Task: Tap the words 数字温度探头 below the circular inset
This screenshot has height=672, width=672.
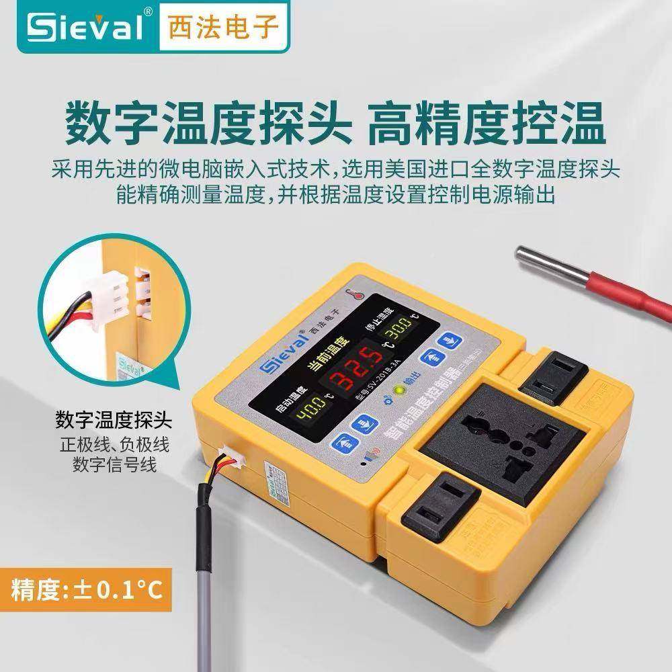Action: pyautogui.click(x=114, y=422)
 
